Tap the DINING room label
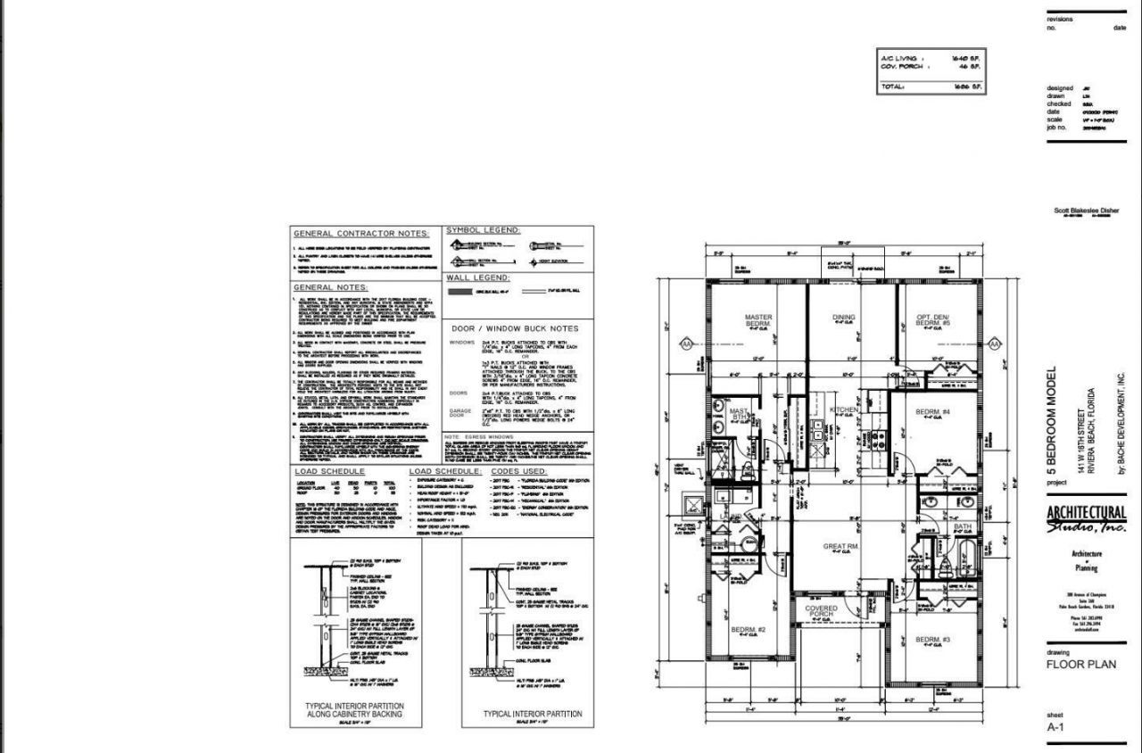click(843, 317)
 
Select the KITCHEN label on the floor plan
click(844, 410)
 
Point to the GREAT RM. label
click(840, 545)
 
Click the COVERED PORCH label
click(821, 612)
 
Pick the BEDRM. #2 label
click(749, 630)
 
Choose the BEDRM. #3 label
click(932, 640)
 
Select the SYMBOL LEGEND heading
click(483, 230)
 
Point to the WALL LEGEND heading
click(477, 277)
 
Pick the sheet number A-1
click(1057, 726)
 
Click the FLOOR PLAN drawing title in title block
click(1080, 664)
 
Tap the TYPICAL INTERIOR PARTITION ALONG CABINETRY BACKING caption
click(354, 710)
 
